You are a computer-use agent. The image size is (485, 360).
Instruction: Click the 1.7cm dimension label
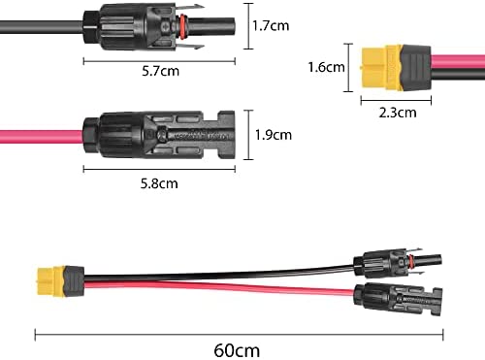[271, 26]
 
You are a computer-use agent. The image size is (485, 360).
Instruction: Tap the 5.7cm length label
[160, 71]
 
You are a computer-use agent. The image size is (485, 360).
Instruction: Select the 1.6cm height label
[326, 67]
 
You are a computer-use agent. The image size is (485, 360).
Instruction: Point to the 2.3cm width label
[398, 113]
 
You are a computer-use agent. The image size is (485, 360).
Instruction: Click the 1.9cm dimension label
[274, 135]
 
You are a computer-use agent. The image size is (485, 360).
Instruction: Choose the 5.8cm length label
[159, 183]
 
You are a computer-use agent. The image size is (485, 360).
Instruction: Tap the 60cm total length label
[237, 350]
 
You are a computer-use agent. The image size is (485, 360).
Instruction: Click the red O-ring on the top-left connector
[183, 25]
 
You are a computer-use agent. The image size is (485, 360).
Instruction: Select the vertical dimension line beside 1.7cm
[248, 26]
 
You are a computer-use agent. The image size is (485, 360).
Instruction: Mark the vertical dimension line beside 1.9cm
[248, 135]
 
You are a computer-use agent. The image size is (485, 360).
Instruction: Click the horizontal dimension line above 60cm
[239, 335]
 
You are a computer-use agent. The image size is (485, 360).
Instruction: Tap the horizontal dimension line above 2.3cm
[396, 101]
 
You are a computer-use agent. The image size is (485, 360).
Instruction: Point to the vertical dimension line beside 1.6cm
[348, 68]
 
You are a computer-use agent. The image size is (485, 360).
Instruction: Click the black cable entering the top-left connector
[42, 27]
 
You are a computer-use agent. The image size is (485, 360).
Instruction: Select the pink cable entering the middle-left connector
[42, 137]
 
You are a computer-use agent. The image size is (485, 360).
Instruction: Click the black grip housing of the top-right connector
[415, 68]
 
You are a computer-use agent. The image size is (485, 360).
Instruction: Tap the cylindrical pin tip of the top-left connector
[210, 25]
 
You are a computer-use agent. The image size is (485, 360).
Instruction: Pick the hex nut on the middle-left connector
[92, 136]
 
